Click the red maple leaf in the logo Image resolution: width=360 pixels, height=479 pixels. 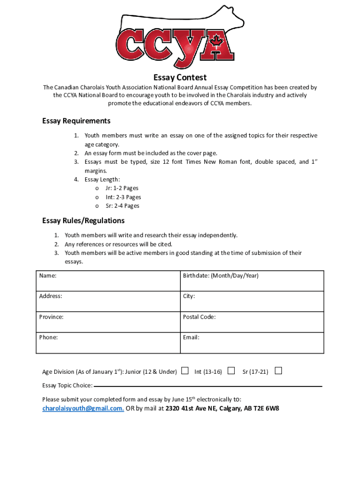[216, 42]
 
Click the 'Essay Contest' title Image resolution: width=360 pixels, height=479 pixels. [180, 77]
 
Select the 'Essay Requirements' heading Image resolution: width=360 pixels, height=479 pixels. [76, 121]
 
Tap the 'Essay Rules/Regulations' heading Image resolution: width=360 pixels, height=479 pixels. [83, 220]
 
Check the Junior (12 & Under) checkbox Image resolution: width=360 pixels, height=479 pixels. [185, 371]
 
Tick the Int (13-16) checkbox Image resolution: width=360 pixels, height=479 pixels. [231, 371]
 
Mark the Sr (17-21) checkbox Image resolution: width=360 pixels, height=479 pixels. [278, 371]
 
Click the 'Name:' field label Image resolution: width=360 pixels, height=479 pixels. [48, 276]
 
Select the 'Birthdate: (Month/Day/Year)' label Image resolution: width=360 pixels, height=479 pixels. [220, 276]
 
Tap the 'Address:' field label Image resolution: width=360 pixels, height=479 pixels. [50, 297]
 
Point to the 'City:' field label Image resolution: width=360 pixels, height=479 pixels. [189, 297]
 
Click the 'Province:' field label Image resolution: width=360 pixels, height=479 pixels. [51, 317]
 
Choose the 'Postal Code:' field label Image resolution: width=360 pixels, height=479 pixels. [199, 317]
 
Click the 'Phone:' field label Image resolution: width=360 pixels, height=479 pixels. [49, 337]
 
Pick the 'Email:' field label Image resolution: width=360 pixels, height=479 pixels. [191, 337]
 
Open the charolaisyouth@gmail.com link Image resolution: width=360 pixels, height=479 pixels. [83, 408]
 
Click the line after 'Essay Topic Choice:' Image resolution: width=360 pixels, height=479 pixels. [208, 386]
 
